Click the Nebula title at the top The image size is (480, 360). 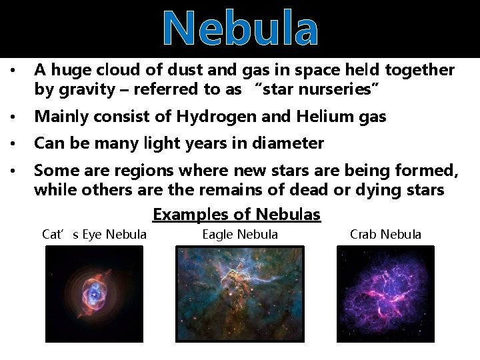240,29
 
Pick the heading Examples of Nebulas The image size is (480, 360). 237,215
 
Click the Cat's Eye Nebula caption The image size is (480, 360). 94,234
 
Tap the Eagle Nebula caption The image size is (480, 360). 240,234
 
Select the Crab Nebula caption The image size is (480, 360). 385,234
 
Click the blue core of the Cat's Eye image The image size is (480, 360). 95,291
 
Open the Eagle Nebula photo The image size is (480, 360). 239,294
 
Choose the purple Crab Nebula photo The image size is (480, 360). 385,294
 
